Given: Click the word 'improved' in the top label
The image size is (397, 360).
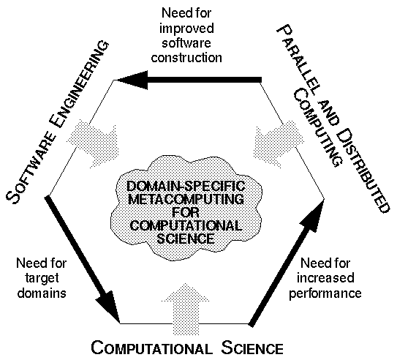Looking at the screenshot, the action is pyautogui.click(x=186, y=29).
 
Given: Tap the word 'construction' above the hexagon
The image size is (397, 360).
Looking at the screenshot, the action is pyautogui.click(x=186, y=58).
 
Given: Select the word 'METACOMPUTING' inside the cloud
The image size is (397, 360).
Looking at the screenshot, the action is pyautogui.click(x=186, y=199).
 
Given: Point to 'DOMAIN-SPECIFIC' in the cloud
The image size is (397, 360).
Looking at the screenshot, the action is pyautogui.click(x=186, y=186).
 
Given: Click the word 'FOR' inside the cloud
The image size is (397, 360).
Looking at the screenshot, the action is pyautogui.click(x=186, y=212).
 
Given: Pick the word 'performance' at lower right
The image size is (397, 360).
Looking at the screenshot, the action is pyautogui.click(x=325, y=293).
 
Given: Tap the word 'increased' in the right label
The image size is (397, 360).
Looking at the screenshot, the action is pyautogui.click(x=325, y=278).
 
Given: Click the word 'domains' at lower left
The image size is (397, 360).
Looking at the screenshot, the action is pyautogui.click(x=42, y=293).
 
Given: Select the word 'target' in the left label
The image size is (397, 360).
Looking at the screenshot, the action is pyautogui.click(x=42, y=279).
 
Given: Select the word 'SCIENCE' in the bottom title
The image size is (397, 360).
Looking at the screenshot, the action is pyautogui.click(x=252, y=348).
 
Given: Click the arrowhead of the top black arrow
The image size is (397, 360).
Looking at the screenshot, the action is pyautogui.click(x=132, y=80).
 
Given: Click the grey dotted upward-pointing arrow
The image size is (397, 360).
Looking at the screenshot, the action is pyautogui.click(x=186, y=309).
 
